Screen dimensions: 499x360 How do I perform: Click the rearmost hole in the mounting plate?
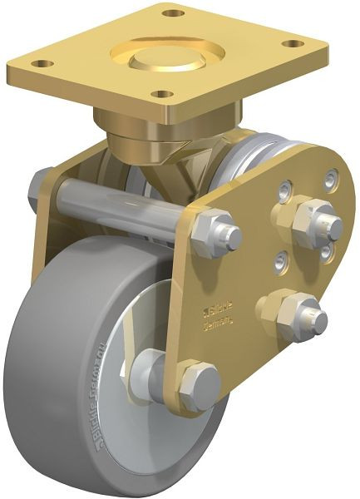pos(173,13)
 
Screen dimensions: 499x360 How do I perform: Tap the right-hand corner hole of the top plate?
pos(291,44)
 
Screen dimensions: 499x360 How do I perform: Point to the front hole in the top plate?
pos(164,94)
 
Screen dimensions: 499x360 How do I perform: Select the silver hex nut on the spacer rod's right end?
pos(218,235)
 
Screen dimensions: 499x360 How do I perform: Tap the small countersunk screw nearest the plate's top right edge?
pos(333,178)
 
